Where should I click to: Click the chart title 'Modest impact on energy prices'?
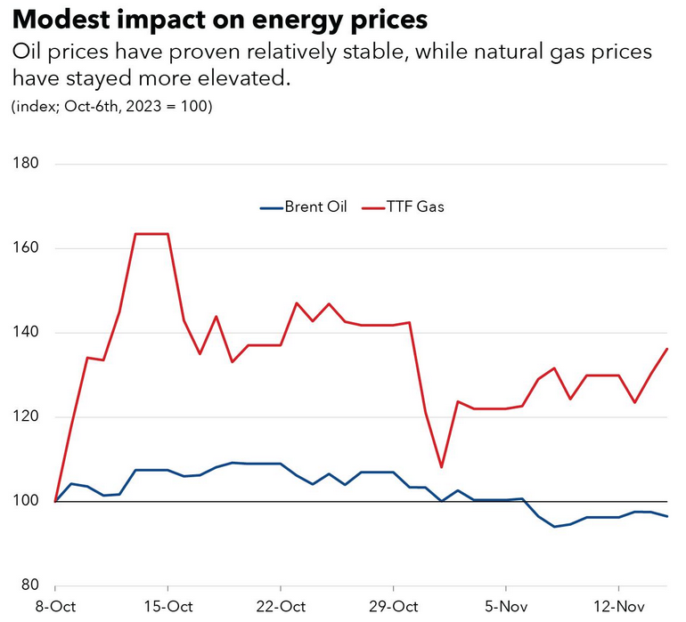219,20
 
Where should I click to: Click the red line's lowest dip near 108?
441,467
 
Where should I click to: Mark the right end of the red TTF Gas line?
667,349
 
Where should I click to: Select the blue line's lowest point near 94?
554,527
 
